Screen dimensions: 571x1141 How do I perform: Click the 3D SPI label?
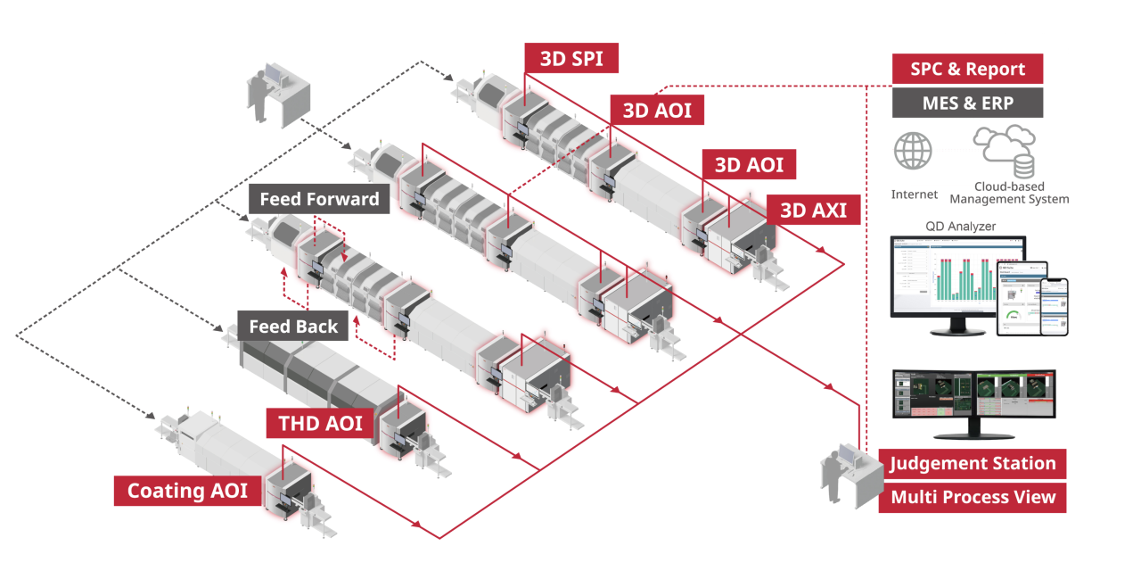pos(571,59)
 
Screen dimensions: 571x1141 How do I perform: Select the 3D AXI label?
pos(813,211)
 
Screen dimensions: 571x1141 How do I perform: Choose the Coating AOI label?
pos(187,491)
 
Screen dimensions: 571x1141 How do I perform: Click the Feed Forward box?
pos(319,199)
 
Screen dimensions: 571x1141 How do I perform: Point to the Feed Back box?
pos(293,327)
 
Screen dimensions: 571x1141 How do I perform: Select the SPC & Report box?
pos(967,70)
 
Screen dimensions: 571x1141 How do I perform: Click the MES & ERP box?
pos(967,103)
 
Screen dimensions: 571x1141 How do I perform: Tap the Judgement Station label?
pos(973,464)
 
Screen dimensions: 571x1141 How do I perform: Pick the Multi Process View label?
pos(973,497)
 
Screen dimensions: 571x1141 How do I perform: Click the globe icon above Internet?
pos(913,151)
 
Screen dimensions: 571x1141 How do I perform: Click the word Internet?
pos(914,194)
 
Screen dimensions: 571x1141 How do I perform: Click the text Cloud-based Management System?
pos(1008,193)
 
